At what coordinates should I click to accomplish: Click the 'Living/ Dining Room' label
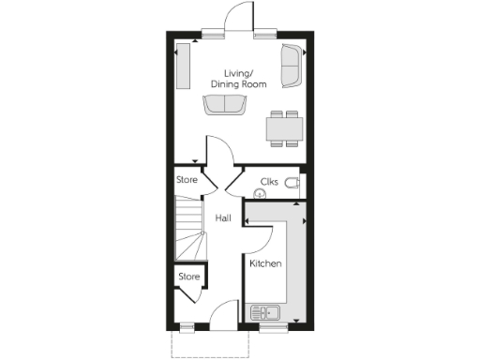click(245, 79)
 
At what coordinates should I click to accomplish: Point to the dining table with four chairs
click(284, 128)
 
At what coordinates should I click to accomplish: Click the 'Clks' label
click(270, 180)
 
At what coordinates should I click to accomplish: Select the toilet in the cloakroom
click(293, 182)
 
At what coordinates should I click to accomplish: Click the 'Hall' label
click(223, 218)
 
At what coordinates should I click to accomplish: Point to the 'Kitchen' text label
click(265, 264)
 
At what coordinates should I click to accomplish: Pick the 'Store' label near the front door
click(190, 277)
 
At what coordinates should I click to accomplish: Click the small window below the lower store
click(186, 327)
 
